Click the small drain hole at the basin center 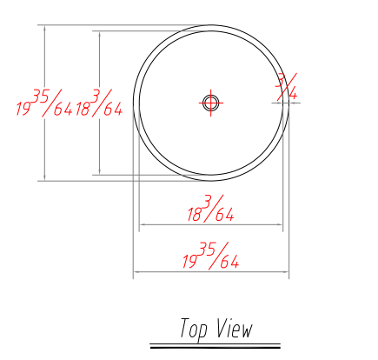pos(210,103)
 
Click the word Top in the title pos(194,330)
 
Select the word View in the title pos(235,328)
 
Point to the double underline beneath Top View pos(216,346)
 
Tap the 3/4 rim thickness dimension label pos(286,87)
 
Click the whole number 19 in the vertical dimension pos(23,109)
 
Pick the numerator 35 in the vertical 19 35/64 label pos(41,97)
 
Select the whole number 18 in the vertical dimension pos(83,109)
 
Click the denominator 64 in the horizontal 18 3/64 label pos(225,215)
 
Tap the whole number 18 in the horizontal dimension pos(195,215)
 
